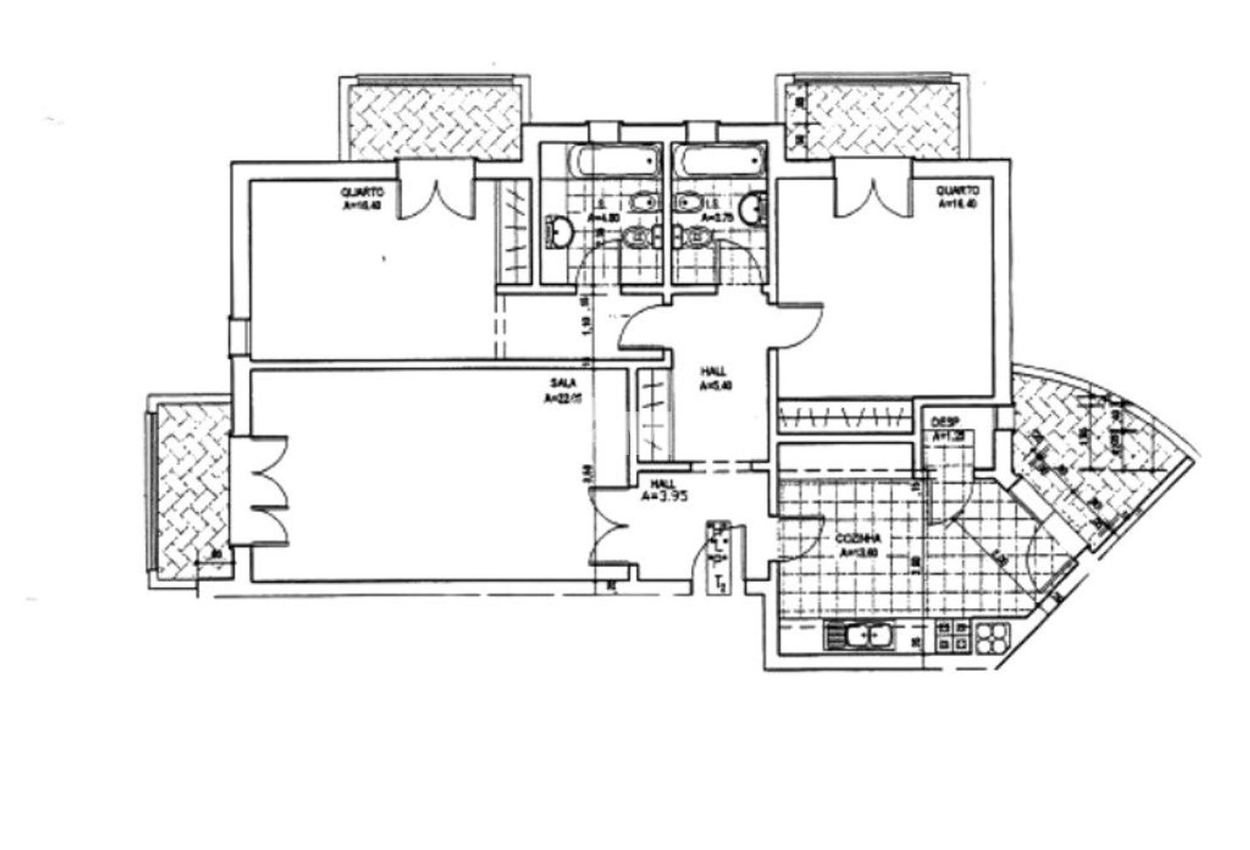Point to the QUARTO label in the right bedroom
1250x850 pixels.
[957, 191]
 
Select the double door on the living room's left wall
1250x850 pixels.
[264, 489]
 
